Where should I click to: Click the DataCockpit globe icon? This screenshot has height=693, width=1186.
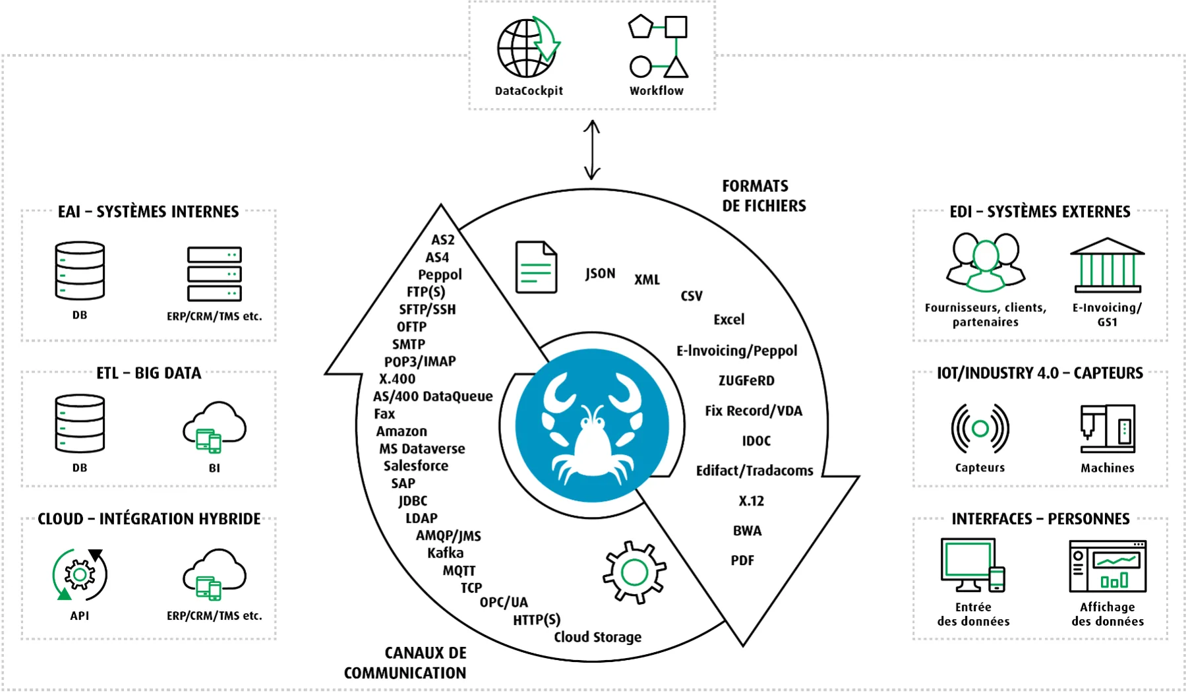point(528,47)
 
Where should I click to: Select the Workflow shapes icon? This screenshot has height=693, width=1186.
point(659,46)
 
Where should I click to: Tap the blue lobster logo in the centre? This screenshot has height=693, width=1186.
point(592,425)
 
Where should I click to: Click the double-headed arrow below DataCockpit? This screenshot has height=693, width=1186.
point(592,150)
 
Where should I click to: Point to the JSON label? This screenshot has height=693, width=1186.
point(600,273)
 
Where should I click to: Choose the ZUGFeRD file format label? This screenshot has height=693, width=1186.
point(746,380)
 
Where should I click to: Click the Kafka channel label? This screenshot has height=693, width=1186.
point(445,553)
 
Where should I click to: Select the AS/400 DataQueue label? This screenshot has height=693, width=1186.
point(432,396)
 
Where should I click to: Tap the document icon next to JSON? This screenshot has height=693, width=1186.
point(536,267)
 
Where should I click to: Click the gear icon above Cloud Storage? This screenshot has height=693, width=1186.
point(634,572)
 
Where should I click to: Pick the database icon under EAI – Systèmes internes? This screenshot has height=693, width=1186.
point(80,270)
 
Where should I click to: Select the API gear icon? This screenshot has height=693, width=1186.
point(80,574)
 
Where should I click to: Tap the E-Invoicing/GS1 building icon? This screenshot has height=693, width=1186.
point(1108,265)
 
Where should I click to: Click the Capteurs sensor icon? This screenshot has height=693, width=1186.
point(980,429)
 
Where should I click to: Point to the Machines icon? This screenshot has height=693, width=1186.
point(1108,429)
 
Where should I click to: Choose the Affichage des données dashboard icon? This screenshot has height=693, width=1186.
point(1108,566)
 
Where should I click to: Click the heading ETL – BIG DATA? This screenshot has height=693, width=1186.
point(149,373)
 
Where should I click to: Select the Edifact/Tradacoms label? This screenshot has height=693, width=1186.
point(755,471)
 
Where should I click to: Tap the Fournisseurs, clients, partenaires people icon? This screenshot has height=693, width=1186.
point(986,262)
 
